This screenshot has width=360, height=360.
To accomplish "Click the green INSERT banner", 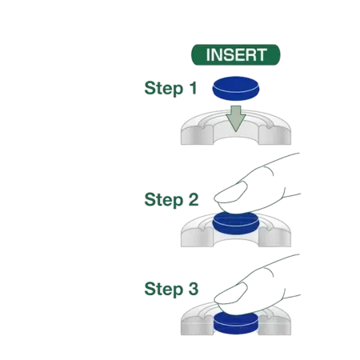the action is (x=236, y=54).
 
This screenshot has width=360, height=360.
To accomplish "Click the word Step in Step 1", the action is (x=164, y=88).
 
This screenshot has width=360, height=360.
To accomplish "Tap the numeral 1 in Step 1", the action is (x=194, y=88).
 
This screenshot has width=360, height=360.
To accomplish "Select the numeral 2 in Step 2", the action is (x=194, y=199).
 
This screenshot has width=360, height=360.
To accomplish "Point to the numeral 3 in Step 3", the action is (x=194, y=289).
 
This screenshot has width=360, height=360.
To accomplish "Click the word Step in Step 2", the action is (x=164, y=200).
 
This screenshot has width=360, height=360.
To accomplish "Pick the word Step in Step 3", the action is (x=164, y=289).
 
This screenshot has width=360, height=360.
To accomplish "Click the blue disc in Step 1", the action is (x=236, y=89).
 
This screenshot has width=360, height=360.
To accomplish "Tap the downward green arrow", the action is (x=236, y=118).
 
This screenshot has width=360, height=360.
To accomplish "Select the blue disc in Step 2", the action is (x=236, y=224).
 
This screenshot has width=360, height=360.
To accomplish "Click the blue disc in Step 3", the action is (x=236, y=323).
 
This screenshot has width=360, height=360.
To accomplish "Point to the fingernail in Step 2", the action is (x=231, y=192).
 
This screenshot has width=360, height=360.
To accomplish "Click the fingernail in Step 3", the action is (x=231, y=293).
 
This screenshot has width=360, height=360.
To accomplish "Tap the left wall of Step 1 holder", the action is (x=198, y=134).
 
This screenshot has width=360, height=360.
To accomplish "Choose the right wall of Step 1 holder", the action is (x=274, y=134).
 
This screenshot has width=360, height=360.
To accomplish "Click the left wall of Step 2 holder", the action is (x=198, y=237).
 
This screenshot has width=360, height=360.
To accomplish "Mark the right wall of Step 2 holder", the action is (x=274, y=237).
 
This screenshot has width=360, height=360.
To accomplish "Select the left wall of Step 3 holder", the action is (x=198, y=325).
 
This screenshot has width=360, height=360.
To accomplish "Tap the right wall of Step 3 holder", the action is (x=274, y=325).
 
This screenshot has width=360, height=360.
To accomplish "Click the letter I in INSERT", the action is (x=208, y=55).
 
